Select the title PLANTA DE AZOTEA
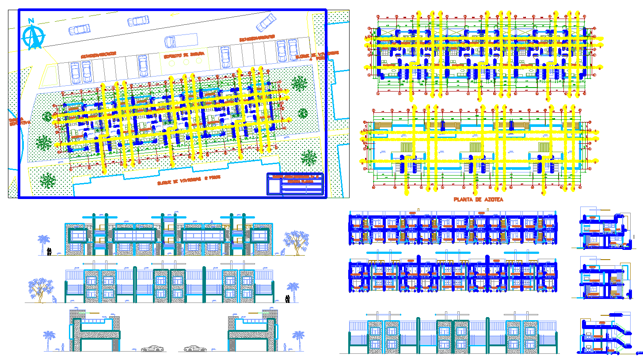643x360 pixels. pos(478,199)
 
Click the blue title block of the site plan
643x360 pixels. pos(295,184)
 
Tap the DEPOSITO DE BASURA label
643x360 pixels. pos(184,55)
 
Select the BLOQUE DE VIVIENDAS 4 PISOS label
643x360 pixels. pos(318,54)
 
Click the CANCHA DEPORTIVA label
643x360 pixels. pos(20,120)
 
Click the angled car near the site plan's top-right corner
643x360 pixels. pos(266,22)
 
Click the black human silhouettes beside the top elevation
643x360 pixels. pos(49,252)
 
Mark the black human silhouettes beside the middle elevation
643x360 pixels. pos(288,299)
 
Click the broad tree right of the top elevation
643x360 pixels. pos(293,242)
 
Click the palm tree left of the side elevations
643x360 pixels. pos(49,340)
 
